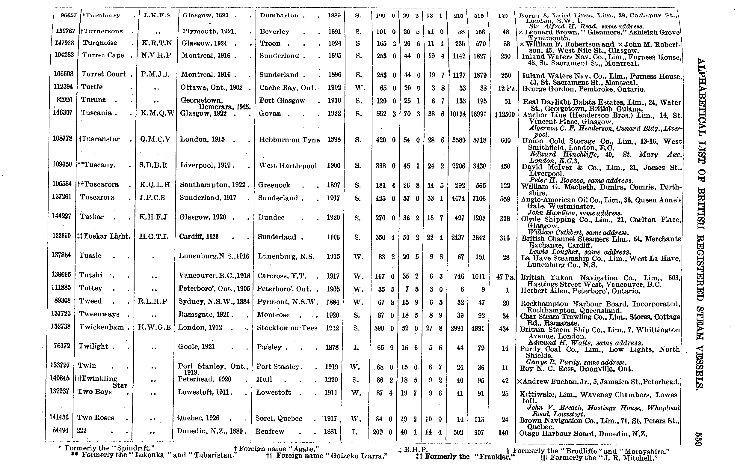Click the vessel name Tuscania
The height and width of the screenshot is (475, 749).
pos(96,113)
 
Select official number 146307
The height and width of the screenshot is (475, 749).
pos(64,112)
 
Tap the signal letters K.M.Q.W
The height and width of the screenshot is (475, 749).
pos(157,113)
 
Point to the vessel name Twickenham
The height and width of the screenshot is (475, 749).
pos(101,327)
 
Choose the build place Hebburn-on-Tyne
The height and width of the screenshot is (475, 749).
pos(289,140)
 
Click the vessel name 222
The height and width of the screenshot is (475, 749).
pos(81,430)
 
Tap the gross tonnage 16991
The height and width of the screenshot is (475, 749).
pos(478,114)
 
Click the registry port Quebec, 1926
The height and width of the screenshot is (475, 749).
pos(198,418)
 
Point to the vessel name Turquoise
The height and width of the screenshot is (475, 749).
pos(99,43)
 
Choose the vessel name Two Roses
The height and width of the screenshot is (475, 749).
pos(96,417)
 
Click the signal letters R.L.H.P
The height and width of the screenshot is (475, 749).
pos(154,301)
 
